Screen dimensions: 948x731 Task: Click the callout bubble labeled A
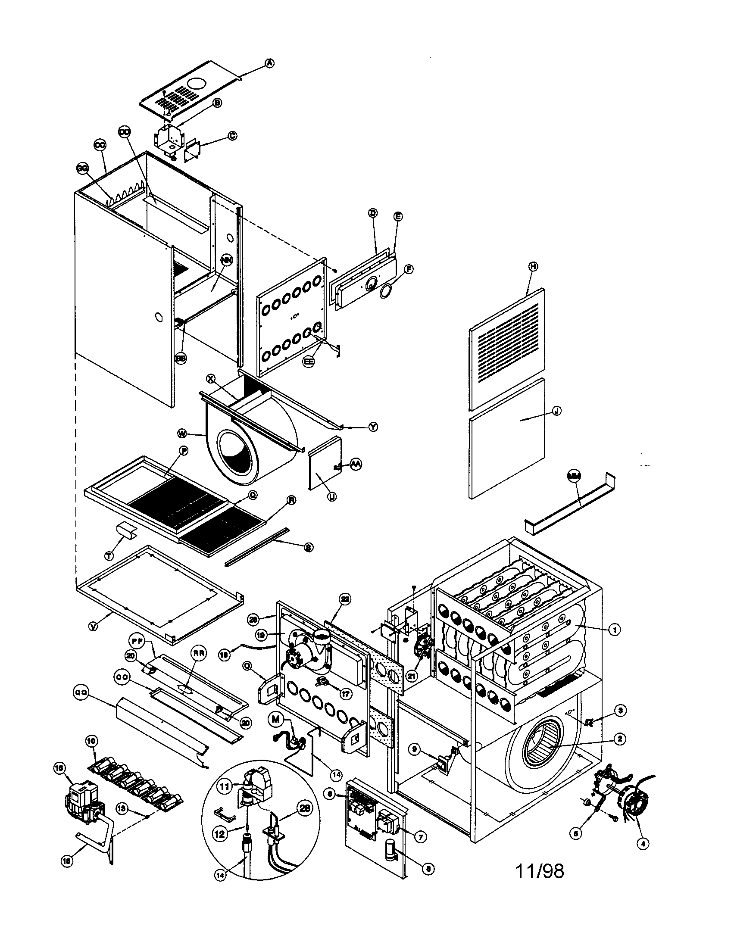click(x=269, y=63)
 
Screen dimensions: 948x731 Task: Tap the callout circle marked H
click(x=533, y=266)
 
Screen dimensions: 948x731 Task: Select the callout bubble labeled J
click(x=556, y=410)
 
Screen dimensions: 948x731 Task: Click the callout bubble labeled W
click(x=183, y=433)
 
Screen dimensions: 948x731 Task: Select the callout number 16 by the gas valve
click(x=60, y=768)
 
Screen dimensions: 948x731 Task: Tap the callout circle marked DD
click(x=125, y=131)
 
